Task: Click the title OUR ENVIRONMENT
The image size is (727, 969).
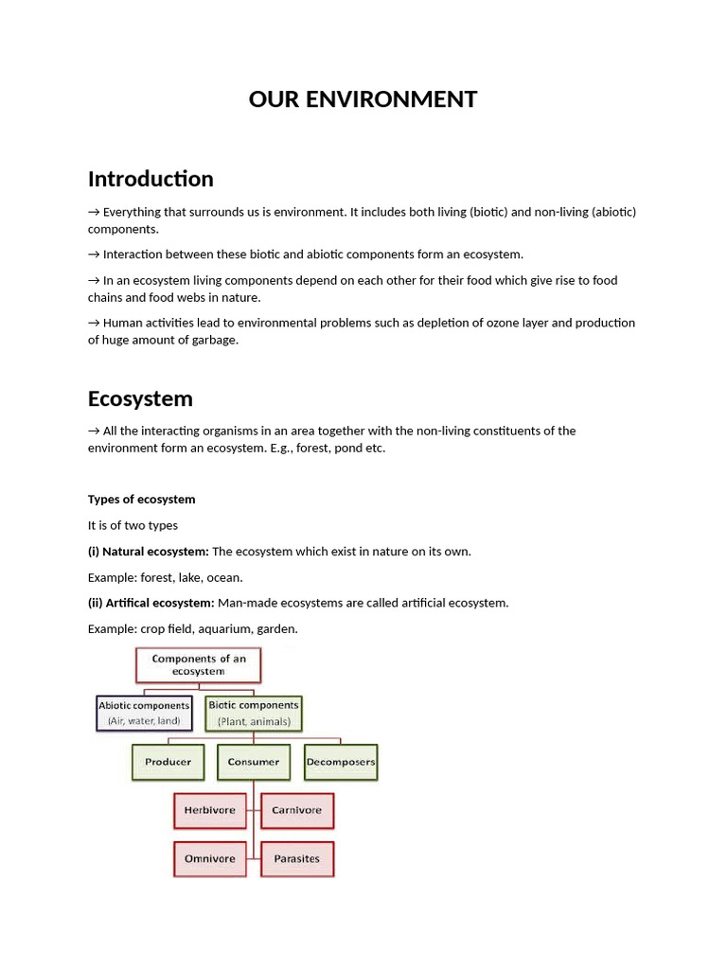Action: pyautogui.click(x=363, y=99)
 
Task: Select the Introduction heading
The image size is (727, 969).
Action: pyautogui.click(x=151, y=179)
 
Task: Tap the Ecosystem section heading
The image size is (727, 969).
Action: pyautogui.click(x=140, y=398)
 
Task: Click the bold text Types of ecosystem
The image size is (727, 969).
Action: pyautogui.click(x=141, y=500)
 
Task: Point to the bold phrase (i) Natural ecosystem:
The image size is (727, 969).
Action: pyautogui.click(x=149, y=552)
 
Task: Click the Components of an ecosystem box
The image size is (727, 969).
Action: pyautogui.click(x=199, y=665)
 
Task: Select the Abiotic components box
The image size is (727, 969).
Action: pyautogui.click(x=144, y=713)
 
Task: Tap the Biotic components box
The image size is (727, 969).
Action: pyautogui.click(x=253, y=713)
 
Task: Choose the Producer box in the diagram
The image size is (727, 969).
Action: pyautogui.click(x=168, y=762)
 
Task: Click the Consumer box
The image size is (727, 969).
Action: pyautogui.click(x=254, y=762)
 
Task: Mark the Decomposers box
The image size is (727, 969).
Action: pyautogui.click(x=341, y=762)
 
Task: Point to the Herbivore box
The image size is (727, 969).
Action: pyautogui.click(x=210, y=811)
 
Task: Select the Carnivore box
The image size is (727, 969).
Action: pyautogui.click(x=296, y=811)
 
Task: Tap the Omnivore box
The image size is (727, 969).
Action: pyautogui.click(x=210, y=859)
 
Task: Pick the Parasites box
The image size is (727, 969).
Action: pyautogui.click(x=296, y=859)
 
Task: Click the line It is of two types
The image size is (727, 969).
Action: pyautogui.click(x=133, y=526)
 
